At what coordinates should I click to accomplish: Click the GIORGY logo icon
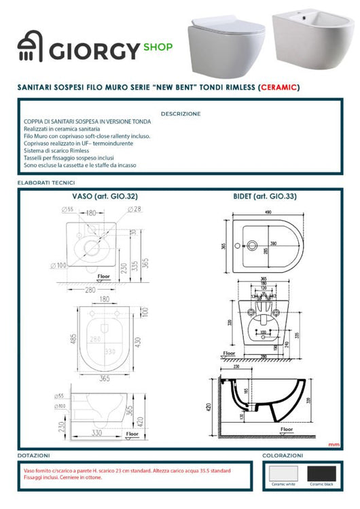29,49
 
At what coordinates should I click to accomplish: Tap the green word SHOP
158,48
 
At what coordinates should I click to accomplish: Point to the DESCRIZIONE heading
181,113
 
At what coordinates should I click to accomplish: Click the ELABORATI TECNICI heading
46,183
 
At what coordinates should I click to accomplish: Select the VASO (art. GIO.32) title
105,196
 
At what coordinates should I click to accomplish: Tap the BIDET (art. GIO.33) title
266,196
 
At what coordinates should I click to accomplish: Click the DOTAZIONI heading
35,455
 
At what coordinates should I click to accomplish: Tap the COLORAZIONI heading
283,455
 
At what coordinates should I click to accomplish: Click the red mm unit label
333,445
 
